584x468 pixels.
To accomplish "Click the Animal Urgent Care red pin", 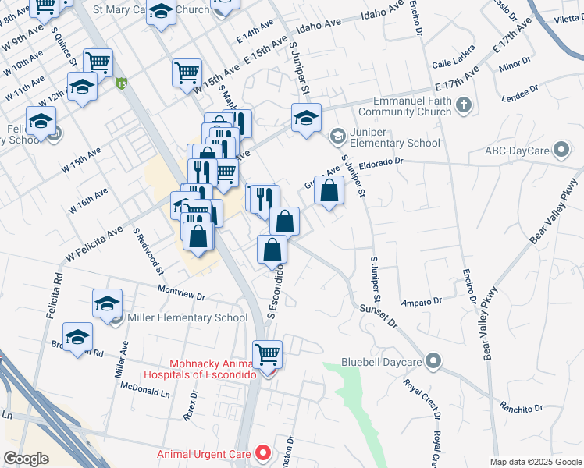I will point(263,452).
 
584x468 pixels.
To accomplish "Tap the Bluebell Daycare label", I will point(381,362).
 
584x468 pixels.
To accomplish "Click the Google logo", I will point(26,459).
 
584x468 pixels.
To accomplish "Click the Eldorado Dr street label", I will point(379,161).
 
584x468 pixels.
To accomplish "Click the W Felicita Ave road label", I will point(94,243).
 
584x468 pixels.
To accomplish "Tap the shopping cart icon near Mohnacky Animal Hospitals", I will point(268,354).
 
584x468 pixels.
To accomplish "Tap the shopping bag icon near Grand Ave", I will point(329,191).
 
